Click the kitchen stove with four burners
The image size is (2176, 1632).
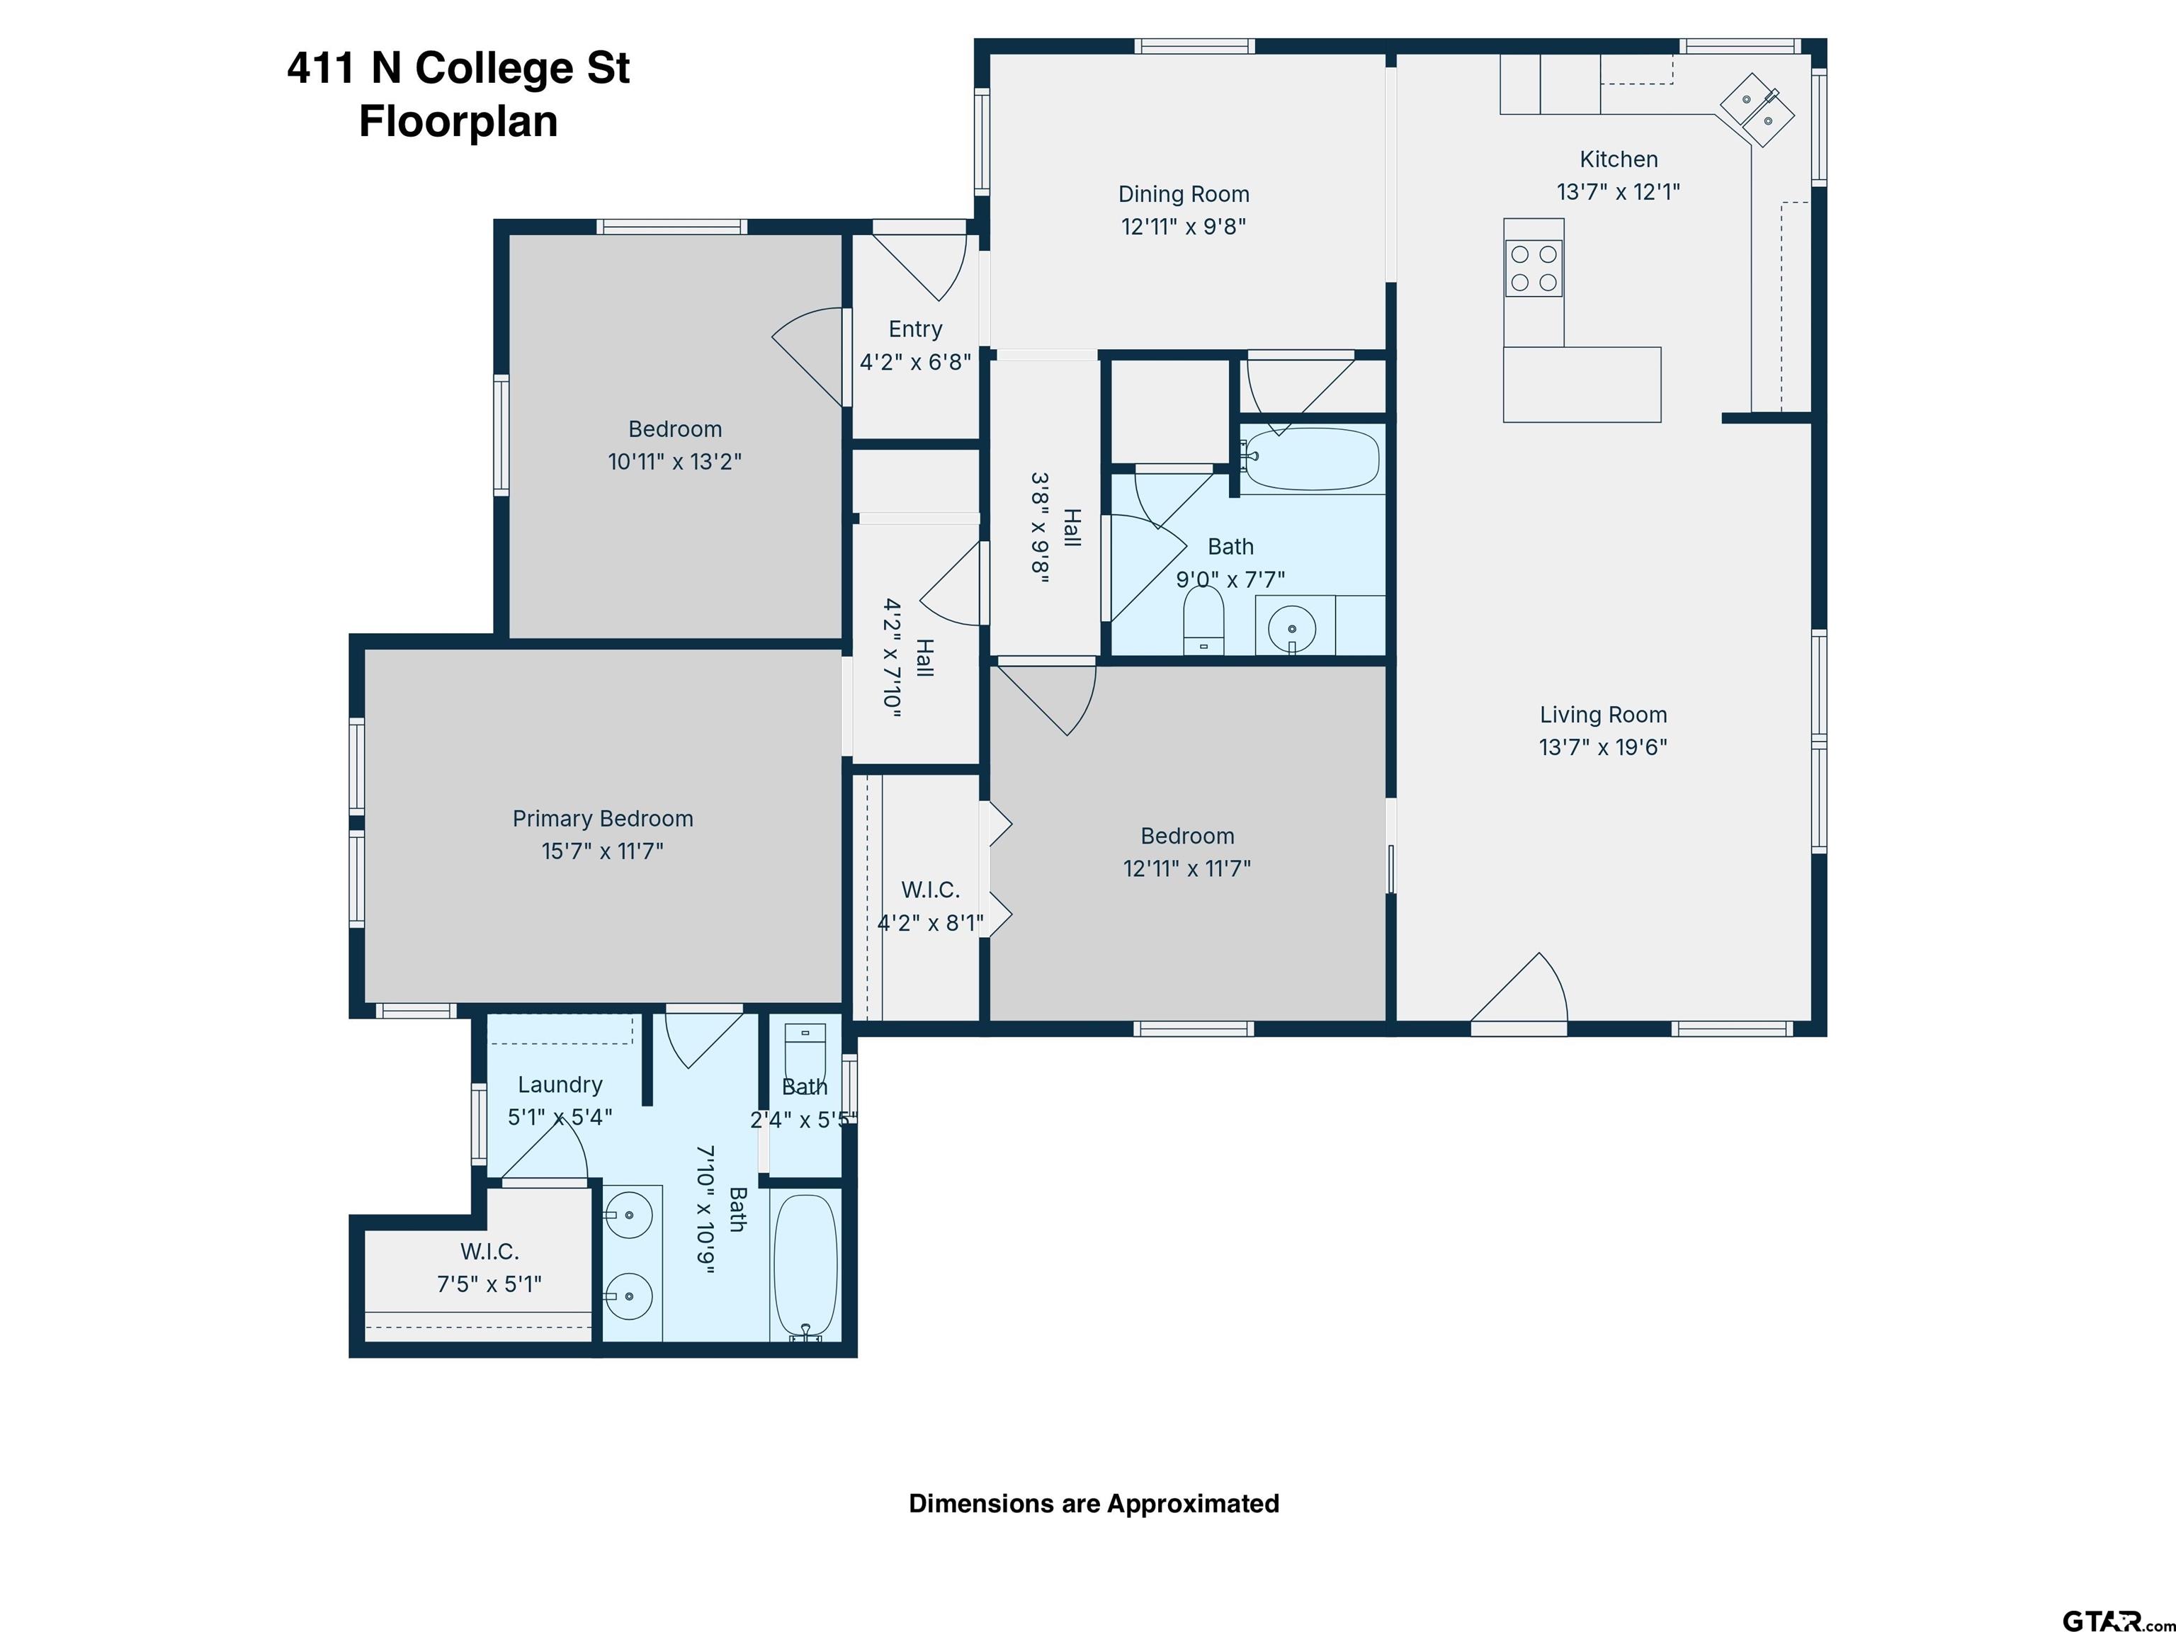tap(1534, 268)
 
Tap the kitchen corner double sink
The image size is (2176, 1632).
tap(1757, 109)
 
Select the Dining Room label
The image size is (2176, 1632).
tap(1184, 194)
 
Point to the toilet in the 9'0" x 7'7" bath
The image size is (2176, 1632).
tap(1203, 620)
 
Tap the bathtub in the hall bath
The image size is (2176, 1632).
tap(1311, 460)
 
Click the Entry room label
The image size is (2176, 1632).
tap(915, 329)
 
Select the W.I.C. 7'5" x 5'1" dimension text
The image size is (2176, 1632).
tap(489, 1283)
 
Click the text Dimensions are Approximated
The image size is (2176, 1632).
tap(1094, 1503)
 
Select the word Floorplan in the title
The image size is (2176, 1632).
tap(458, 122)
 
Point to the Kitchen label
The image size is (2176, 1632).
tap(1619, 159)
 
